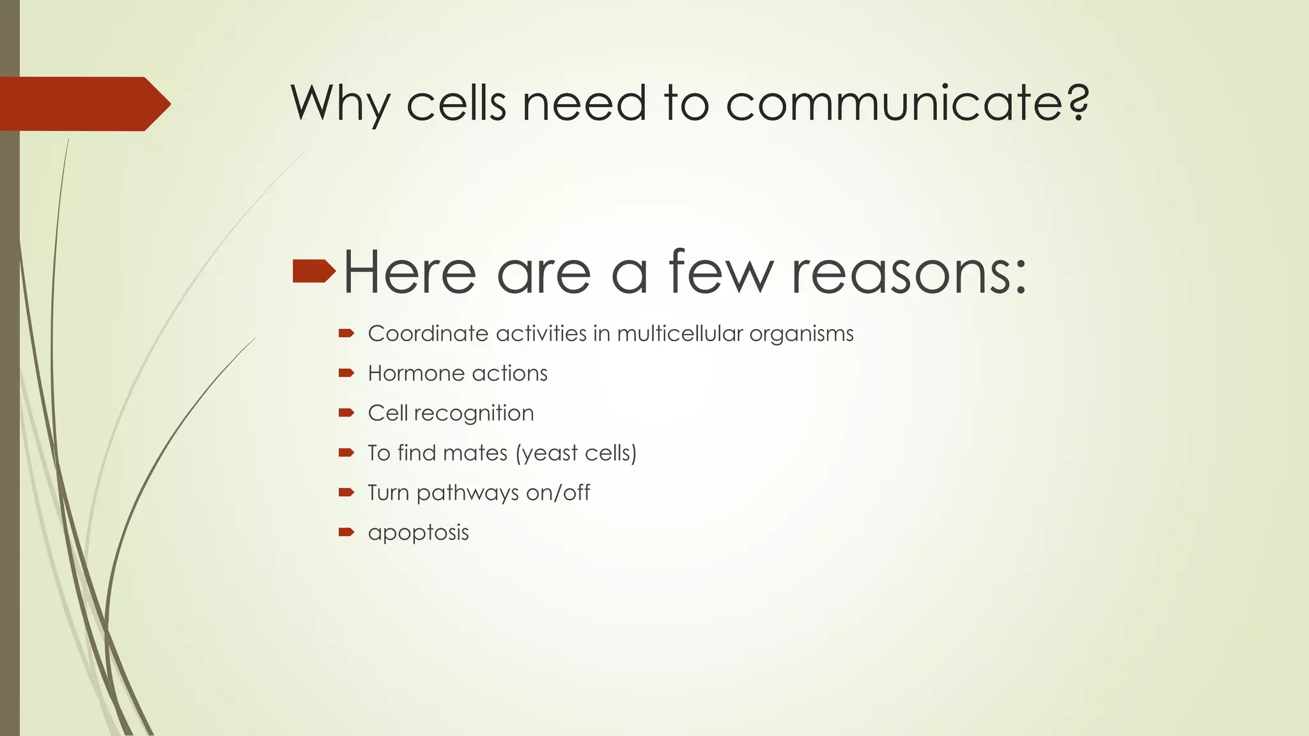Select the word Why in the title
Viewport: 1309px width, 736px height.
tap(340, 103)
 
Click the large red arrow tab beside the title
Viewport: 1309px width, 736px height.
tap(83, 103)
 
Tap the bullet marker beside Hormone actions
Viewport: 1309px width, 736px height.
tap(346, 373)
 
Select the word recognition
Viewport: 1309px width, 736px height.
tap(474, 414)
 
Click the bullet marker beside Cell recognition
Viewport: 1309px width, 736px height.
tap(346, 413)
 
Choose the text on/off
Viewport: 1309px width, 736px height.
tap(557, 493)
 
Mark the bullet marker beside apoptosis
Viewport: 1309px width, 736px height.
tap(346, 532)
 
